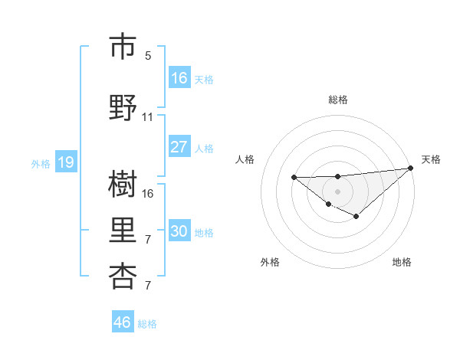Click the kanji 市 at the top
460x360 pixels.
[x=123, y=47]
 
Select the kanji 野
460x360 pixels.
[x=123, y=108]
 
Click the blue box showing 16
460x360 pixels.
[x=179, y=78]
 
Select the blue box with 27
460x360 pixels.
[x=179, y=147]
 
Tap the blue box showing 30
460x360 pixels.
[x=179, y=231]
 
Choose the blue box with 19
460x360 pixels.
[x=65, y=162]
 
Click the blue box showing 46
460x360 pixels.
[x=123, y=322]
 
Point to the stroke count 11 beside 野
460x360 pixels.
[x=148, y=117]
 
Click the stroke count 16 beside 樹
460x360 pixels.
[x=148, y=193]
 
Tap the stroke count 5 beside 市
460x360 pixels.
[x=148, y=55]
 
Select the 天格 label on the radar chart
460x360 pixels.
[x=431, y=159]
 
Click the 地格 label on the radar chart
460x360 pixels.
[x=402, y=262]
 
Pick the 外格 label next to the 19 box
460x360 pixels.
[x=41, y=163]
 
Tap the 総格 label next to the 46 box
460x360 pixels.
[x=147, y=324]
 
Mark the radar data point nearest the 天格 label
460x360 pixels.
[x=411, y=168]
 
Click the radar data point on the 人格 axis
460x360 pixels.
[x=294, y=177]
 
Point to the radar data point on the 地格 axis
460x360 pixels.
[x=356, y=217]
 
